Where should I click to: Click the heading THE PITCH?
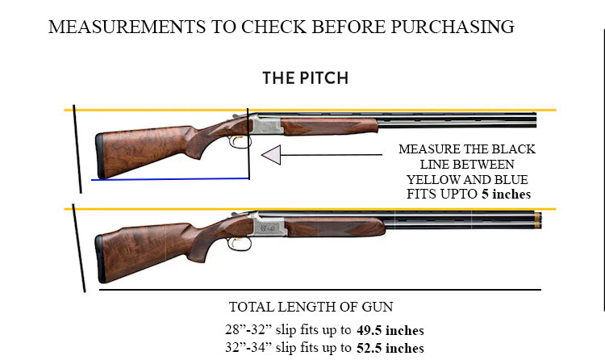[305, 78]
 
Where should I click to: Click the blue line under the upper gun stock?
[169, 178]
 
